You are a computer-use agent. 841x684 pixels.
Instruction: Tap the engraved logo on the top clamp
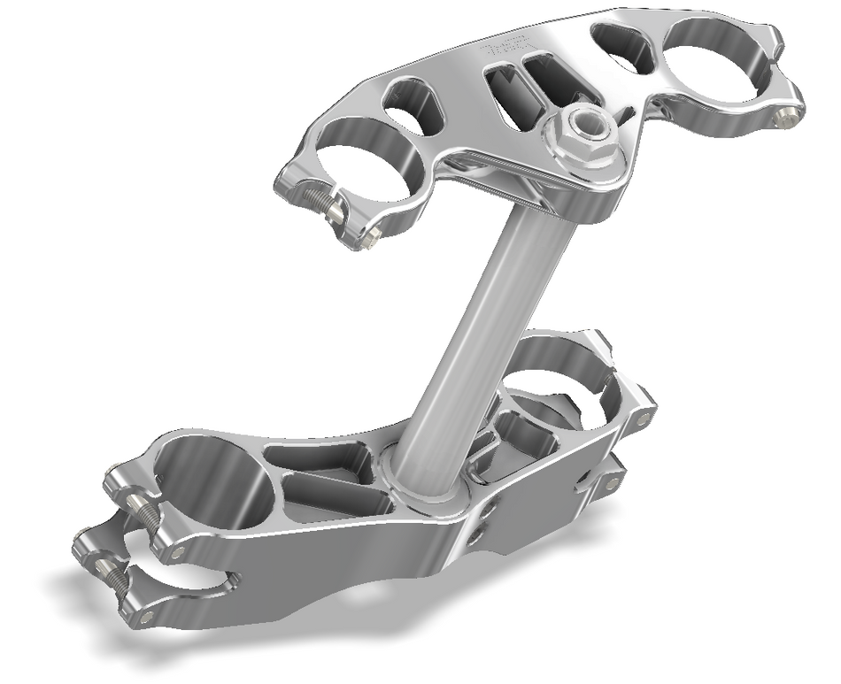509,48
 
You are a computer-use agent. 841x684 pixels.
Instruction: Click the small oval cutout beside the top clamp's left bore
413,104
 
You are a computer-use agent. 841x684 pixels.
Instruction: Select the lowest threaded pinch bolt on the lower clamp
112,576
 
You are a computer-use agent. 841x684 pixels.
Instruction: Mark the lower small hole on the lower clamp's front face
477,535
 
